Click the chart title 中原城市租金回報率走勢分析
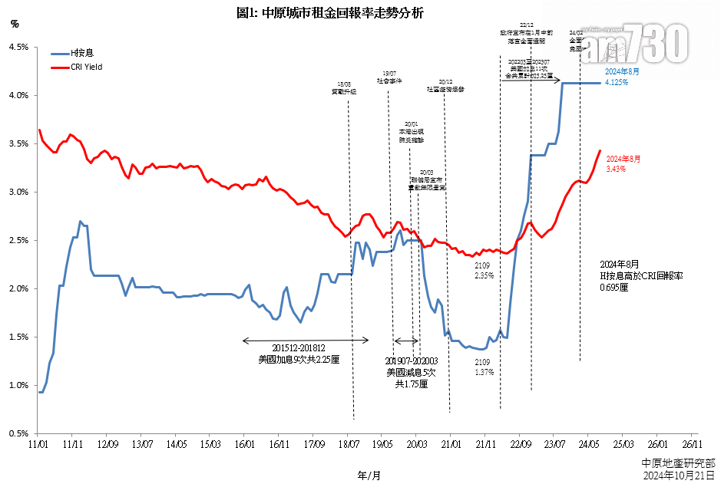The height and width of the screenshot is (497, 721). pos(330,13)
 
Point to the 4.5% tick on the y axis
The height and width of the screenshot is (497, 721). pos(18,48)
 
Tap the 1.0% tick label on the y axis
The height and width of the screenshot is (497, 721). pos(18,386)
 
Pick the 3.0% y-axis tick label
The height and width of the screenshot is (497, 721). pos(18,193)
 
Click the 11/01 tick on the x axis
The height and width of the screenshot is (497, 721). pos(38,444)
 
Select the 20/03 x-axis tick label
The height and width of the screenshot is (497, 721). pos(417,444)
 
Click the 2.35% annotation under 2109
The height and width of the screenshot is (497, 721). pos(484,275)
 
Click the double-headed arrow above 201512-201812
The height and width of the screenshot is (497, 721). pos(306,341)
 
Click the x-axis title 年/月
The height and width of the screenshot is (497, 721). pos(369,476)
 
